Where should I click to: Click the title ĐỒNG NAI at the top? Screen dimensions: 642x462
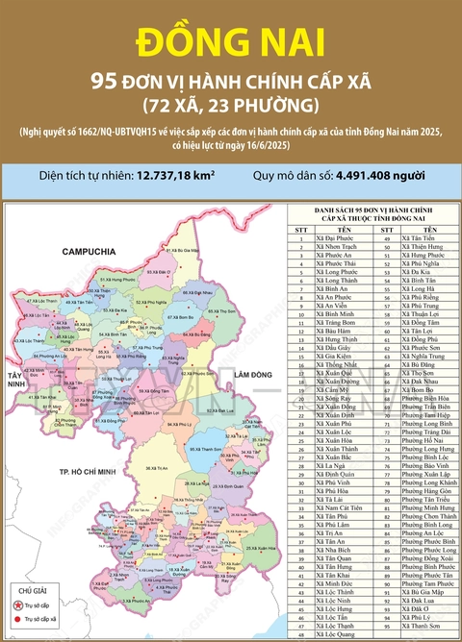(230, 42)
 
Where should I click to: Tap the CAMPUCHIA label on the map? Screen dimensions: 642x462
(60, 251)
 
